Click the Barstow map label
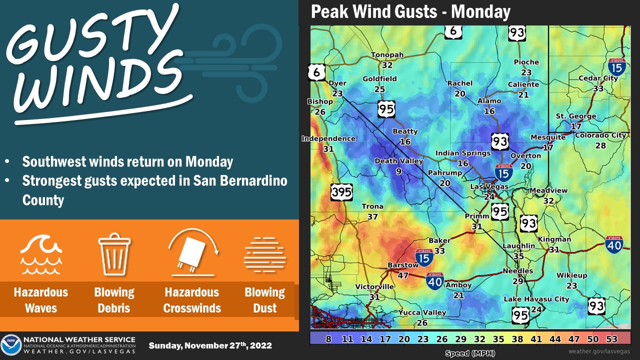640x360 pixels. [x=403, y=265]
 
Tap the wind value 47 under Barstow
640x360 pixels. [x=403, y=274]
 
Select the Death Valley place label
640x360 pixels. [x=399, y=161]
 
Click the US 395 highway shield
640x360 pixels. [x=341, y=191]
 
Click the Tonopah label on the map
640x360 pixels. [x=387, y=55]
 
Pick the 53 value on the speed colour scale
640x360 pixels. [x=611, y=338]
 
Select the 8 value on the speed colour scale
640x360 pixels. [x=328, y=338]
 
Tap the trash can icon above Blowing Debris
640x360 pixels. [x=114, y=254]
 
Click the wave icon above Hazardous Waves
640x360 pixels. [x=41, y=254]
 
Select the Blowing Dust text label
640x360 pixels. [x=264, y=300]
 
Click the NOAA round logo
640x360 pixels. [x=11, y=345]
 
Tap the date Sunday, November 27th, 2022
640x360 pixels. [x=210, y=345]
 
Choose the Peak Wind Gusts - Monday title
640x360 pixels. [x=410, y=12]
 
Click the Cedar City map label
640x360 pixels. [x=597, y=78]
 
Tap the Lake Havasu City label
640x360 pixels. [x=536, y=299]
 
